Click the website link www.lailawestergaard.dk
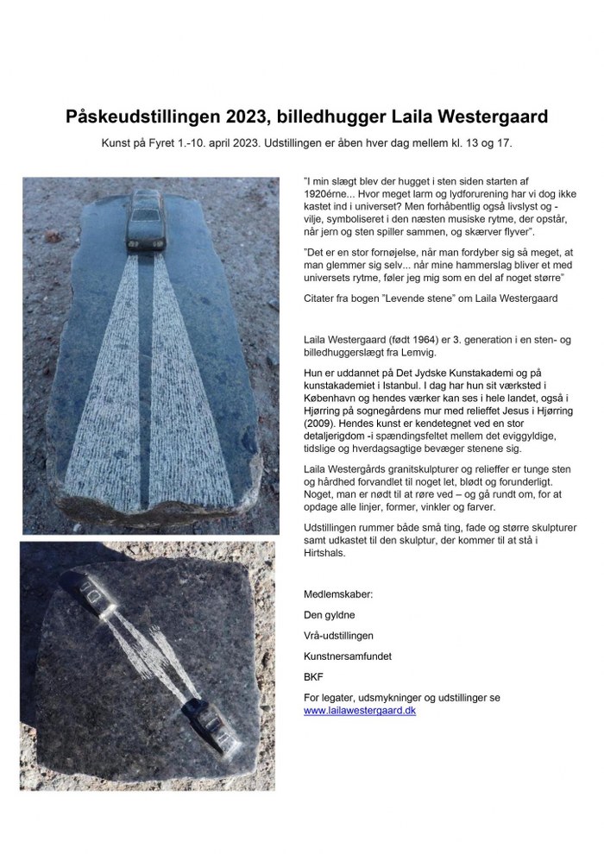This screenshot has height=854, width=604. pyautogui.click(x=360, y=710)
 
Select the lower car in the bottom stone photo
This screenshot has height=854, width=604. pyautogui.click(x=211, y=730)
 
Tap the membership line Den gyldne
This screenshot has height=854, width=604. pyautogui.click(x=330, y=615)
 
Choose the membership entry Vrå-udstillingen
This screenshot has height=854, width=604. pyautogui.click(x=339, y=636)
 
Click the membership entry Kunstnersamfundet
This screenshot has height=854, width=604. pyautogui.click(x=348, y=656)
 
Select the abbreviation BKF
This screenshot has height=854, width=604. pyautogui.click(x=313, y=677)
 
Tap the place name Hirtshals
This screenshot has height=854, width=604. pyautogui.click(x=327, y=553)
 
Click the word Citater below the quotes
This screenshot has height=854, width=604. pyautogui.click(x=323, y=298)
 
